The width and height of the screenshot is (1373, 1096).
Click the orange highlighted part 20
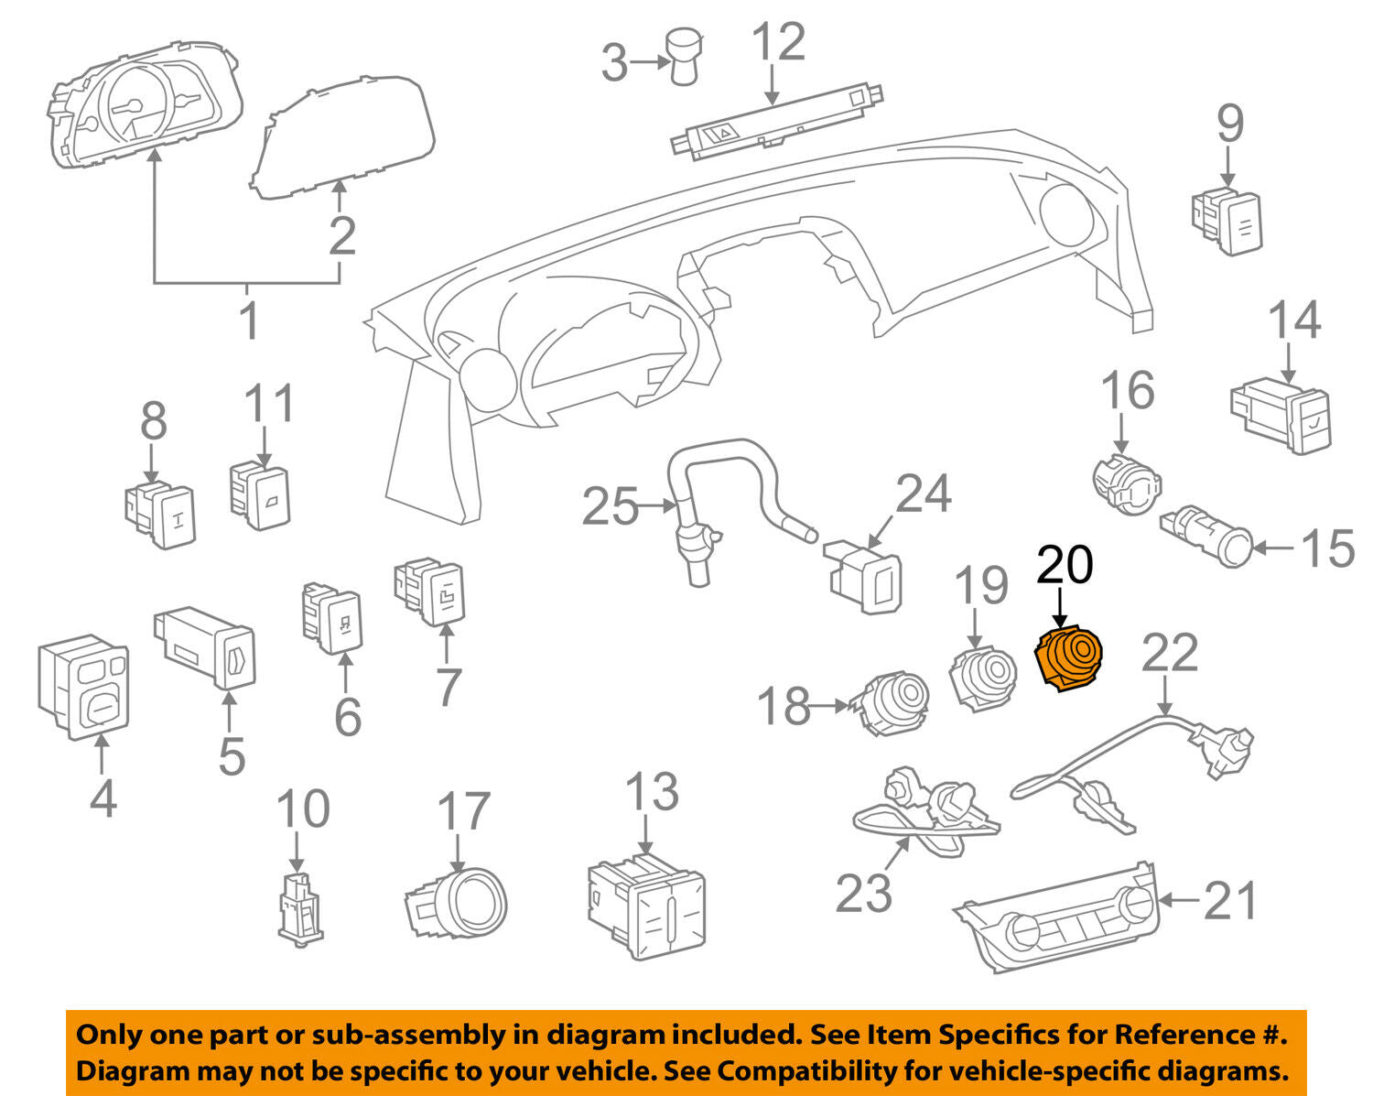point(1067,657)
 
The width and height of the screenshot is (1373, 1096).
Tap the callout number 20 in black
point(1065,564)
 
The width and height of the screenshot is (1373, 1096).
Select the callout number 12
point(779,43)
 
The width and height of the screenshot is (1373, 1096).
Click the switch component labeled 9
point(1227,219)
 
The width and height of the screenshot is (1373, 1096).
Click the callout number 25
point(611,505)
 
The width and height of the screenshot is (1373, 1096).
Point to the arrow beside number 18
point(829,706)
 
